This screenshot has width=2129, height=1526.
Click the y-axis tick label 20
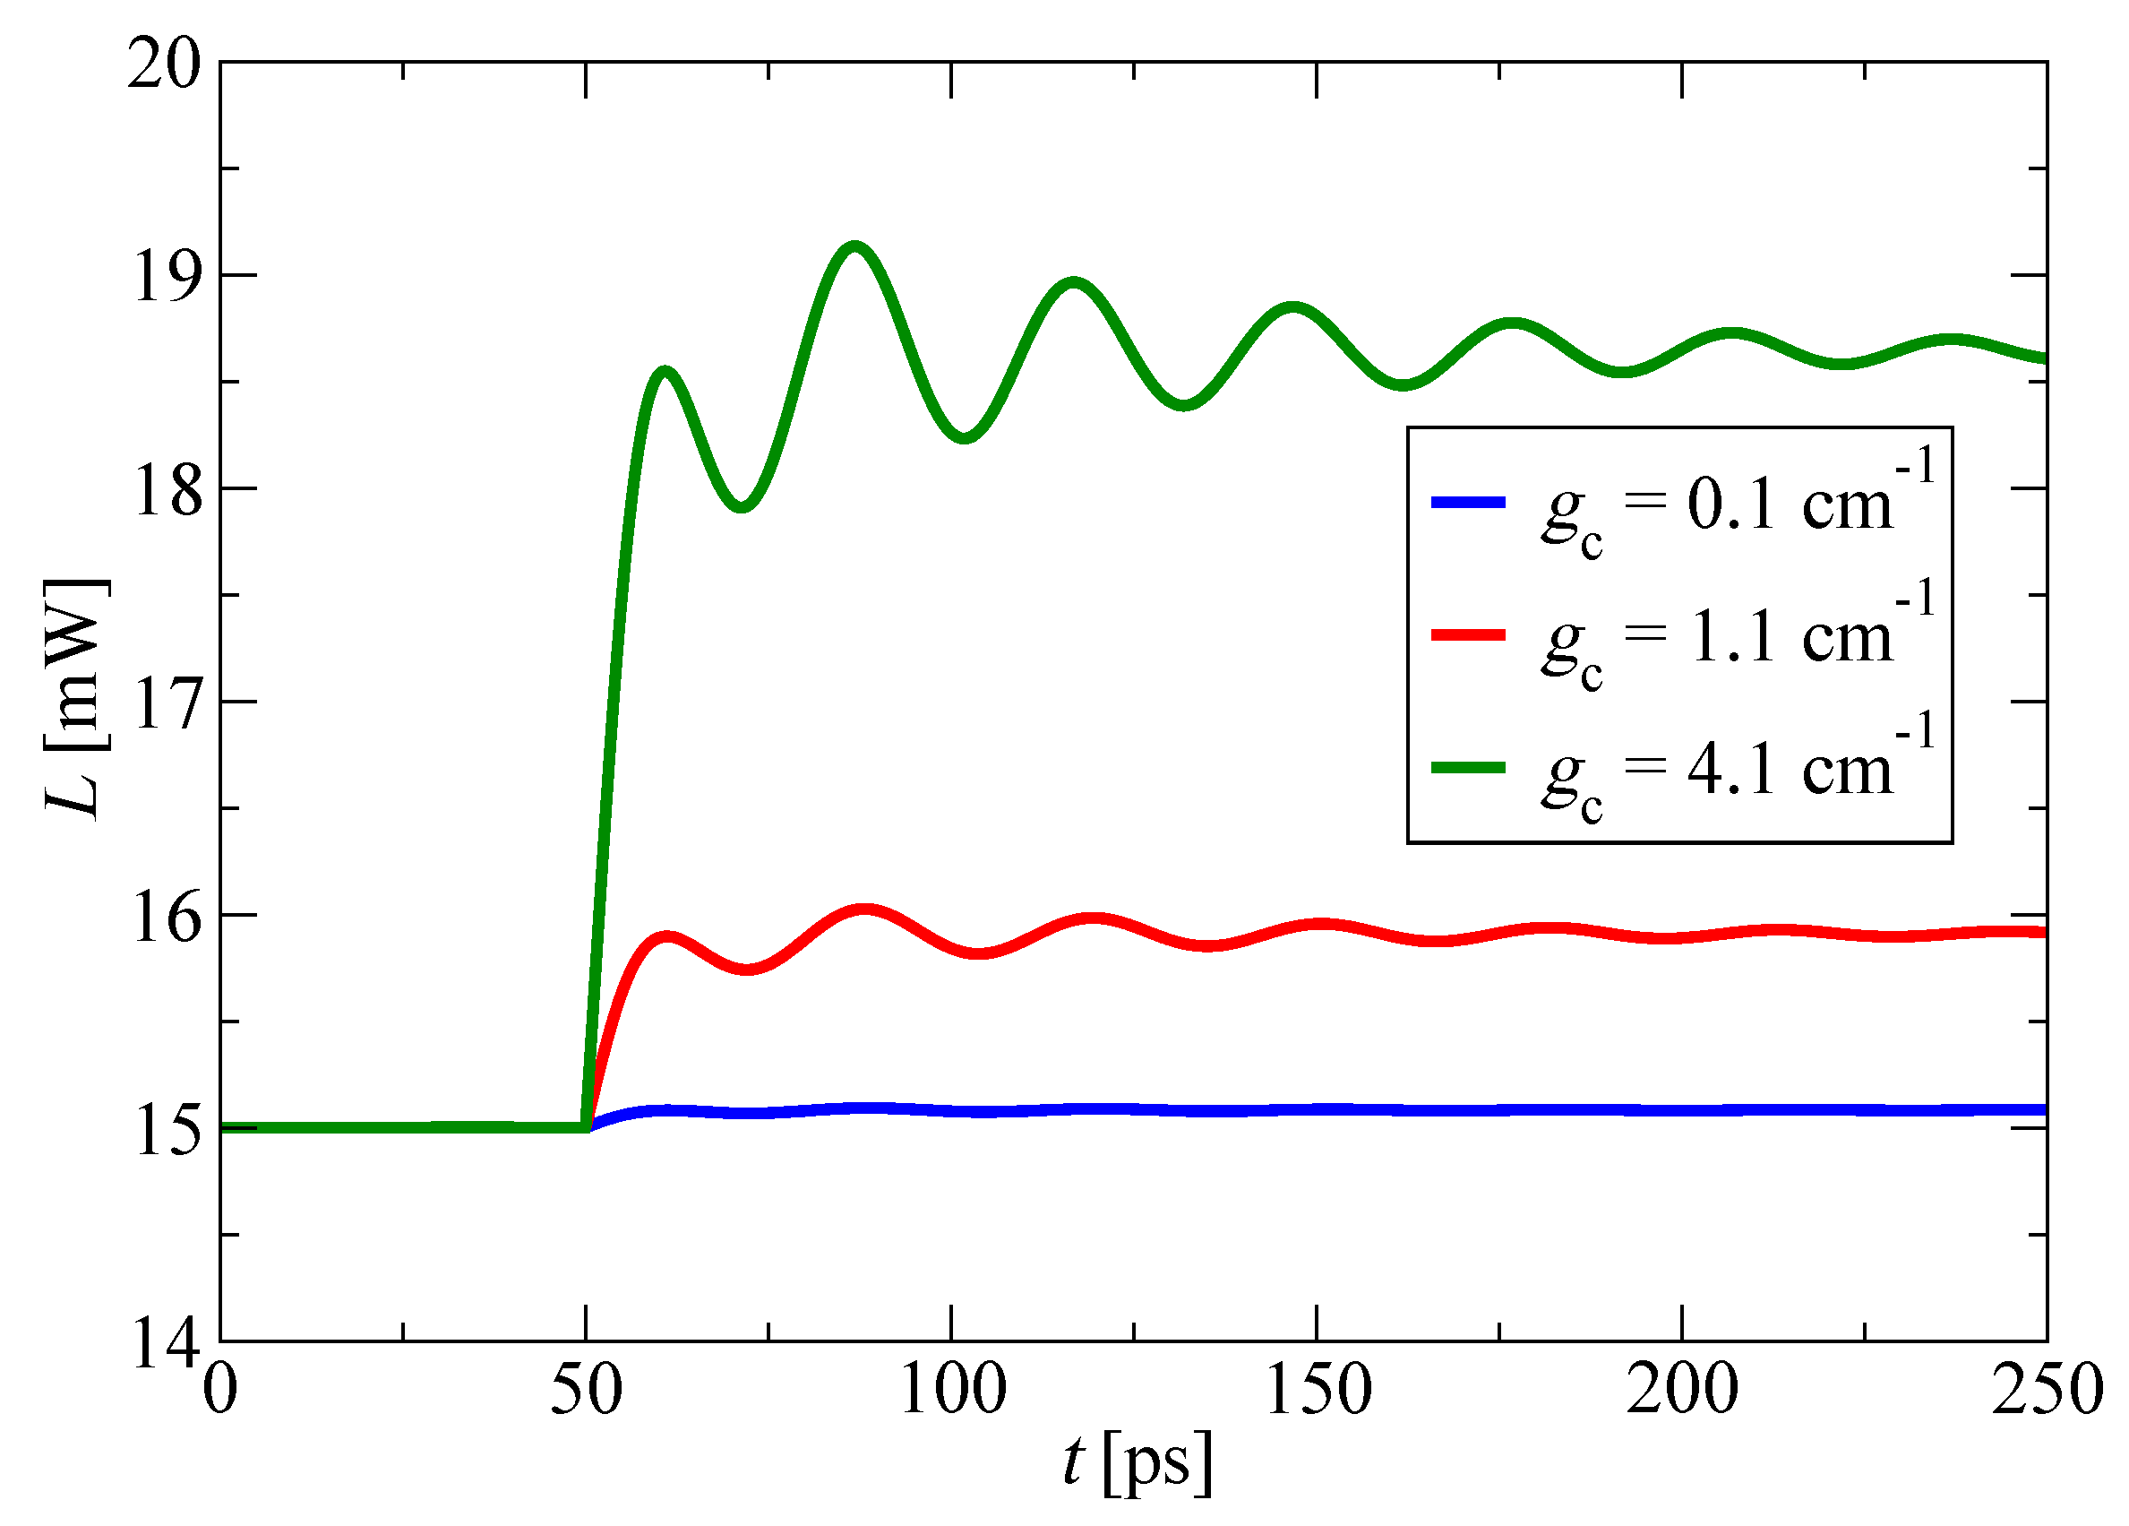point(164,65)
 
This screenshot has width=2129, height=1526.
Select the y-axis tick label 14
point(165,1344)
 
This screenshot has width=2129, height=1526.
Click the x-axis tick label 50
point(586,1391)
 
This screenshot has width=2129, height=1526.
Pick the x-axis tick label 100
point(953,1391)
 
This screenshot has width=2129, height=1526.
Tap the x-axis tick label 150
point(1318,1391)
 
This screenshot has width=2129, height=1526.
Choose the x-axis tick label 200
point(1682,1391)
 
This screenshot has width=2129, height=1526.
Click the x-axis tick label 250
point(2047,1391)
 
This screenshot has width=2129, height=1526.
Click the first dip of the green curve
point(743,506)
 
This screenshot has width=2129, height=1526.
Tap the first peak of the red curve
point(666,936)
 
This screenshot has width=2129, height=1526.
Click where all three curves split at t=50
point(587,1126)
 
